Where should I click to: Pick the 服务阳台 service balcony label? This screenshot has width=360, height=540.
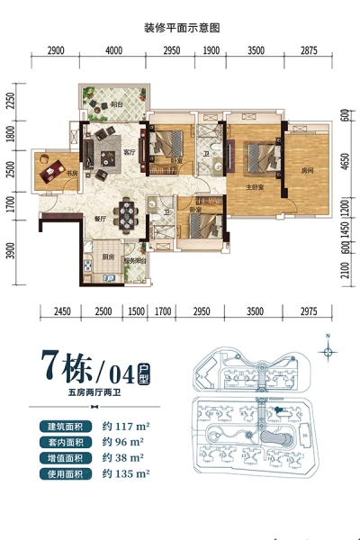[x=134, y=261]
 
